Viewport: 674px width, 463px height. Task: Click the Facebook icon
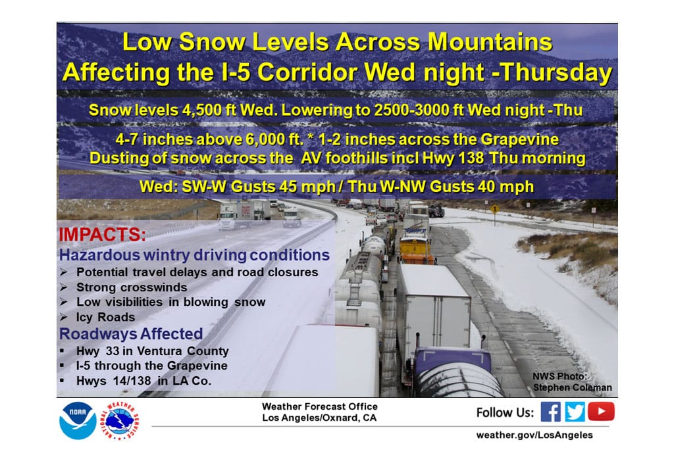[550, 412]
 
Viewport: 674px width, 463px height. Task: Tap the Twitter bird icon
[575, 412]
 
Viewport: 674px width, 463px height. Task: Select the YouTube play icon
[601, 412]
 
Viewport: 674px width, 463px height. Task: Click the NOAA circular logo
[78, 420]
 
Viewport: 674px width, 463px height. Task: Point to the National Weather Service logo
[120, 421]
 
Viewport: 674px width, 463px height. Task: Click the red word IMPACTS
[102, 235]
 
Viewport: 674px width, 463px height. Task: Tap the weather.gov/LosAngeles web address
[534, 435]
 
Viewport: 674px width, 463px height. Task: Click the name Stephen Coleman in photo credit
[573, 387]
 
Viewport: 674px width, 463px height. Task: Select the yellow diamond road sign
[495, 209]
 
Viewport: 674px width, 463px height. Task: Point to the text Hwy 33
[98, 351]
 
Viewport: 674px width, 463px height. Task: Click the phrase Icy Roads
[106, 317]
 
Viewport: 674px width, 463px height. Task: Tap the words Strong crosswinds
[132, 287]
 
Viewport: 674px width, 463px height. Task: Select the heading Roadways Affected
[131, 333]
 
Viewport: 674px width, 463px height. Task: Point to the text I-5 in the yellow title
[236, 72]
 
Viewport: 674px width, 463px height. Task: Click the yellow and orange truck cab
[416, 249]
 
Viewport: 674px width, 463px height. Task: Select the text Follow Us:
[505, 413]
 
